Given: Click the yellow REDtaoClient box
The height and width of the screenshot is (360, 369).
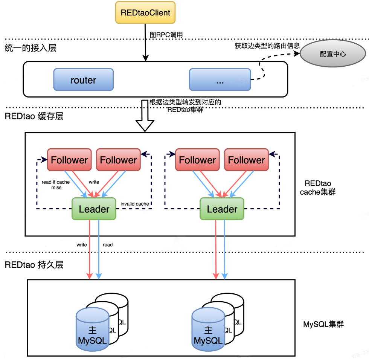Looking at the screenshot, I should pos(145,12).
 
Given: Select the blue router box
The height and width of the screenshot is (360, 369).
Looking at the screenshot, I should pos(83,80).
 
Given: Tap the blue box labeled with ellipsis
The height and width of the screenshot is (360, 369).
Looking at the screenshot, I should pos(220,80).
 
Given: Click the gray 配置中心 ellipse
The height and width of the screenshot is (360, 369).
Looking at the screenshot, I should pos(333,54).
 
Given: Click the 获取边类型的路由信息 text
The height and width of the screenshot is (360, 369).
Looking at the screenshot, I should pos(267,46).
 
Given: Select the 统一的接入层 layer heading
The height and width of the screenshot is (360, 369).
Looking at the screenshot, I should pos(31,48).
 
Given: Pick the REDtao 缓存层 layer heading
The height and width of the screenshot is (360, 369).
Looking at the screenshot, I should pos(34,116).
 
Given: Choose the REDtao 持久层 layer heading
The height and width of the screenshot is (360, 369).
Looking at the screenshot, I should pos(34,265).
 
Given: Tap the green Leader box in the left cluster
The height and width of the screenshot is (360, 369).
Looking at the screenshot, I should pos(94,209).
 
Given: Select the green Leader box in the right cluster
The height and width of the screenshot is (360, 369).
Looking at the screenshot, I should pos(222,209).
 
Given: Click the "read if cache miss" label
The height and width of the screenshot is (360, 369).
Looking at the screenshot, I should pos(56,185).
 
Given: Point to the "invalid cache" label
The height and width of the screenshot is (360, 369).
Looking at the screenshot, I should pos(135,204).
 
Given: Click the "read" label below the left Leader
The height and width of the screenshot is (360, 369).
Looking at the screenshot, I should pos(108,245).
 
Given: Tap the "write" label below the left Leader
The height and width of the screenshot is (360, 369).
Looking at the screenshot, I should pos(82,245).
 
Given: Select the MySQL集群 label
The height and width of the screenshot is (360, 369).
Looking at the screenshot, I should pos(323,324).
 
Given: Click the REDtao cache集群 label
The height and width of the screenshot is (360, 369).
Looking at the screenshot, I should pos(320,188).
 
